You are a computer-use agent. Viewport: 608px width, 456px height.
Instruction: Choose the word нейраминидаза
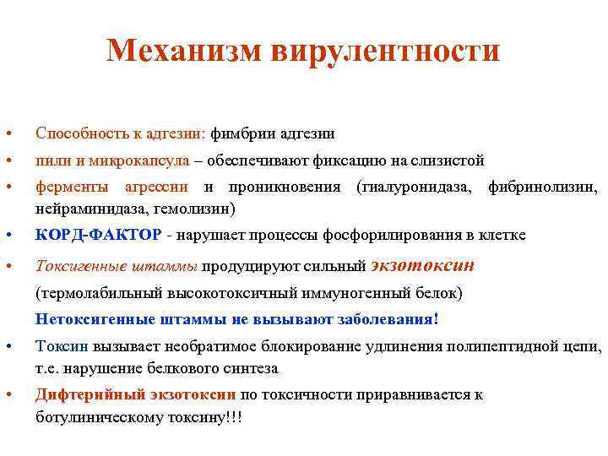click(82, 207)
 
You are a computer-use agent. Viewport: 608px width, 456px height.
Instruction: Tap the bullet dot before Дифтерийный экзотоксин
click(8, 395)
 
